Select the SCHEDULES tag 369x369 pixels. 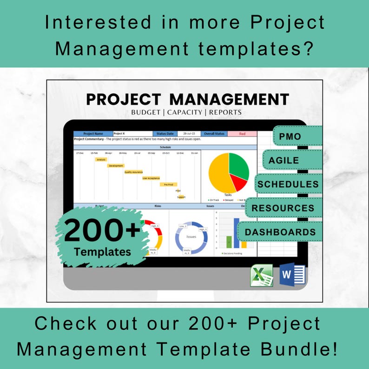(288, 184)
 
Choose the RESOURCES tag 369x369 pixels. (283, 208)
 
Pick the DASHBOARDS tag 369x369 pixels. (280, 232)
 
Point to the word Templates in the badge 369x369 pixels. (102, 252)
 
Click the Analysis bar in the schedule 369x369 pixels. (101, 159)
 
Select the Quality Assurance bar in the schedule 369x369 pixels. (133, 171)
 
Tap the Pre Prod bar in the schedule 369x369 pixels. (168, 184)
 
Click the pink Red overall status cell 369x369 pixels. (242, 133)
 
